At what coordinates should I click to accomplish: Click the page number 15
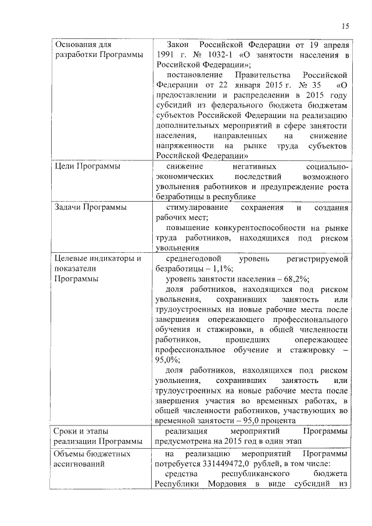pos(345,26)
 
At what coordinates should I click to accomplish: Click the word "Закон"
pos(177,44)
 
